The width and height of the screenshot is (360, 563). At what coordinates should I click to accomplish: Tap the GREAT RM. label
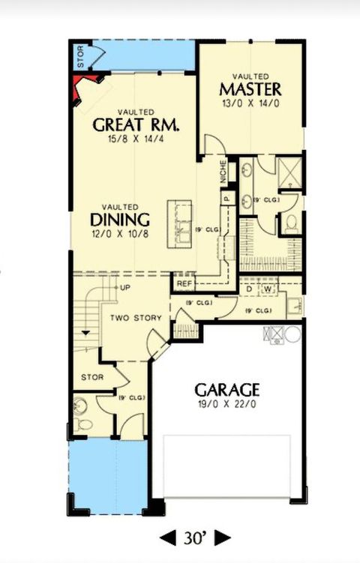[x=139, y=124]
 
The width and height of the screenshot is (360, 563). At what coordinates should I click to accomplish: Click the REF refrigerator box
[x=183, y=284]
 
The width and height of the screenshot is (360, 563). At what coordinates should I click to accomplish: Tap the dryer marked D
[x=249, y=288]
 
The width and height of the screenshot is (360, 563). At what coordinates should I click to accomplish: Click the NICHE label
[x=223, y=173]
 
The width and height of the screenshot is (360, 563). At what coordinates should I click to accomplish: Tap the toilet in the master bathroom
[x=292, y=222]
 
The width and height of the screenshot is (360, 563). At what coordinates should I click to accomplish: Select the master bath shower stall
[x=289, y=172]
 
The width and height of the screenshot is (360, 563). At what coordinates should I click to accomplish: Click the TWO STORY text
[x=136, y=319]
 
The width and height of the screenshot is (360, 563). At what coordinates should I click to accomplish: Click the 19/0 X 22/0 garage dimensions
[x=226, y=405]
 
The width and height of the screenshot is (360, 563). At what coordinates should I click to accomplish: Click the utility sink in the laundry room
[x=293, y=304]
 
